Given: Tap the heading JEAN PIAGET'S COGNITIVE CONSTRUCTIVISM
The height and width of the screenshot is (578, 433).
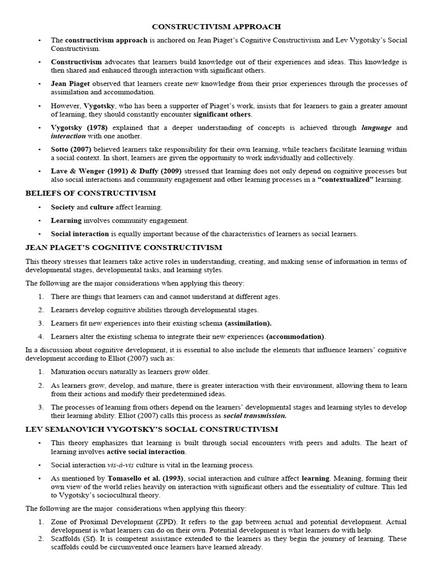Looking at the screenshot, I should point(123,247).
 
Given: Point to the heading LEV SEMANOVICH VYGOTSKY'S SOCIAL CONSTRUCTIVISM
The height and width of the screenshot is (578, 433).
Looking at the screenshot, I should point(144,429).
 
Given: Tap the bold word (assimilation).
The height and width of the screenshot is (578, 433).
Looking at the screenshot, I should point(248,323).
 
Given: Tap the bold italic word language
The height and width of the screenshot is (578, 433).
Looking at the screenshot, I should point(376,128).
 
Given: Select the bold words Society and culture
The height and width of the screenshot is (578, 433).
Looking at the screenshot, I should point(82,207).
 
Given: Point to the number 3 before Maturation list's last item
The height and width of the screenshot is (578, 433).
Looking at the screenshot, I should point(41,407).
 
